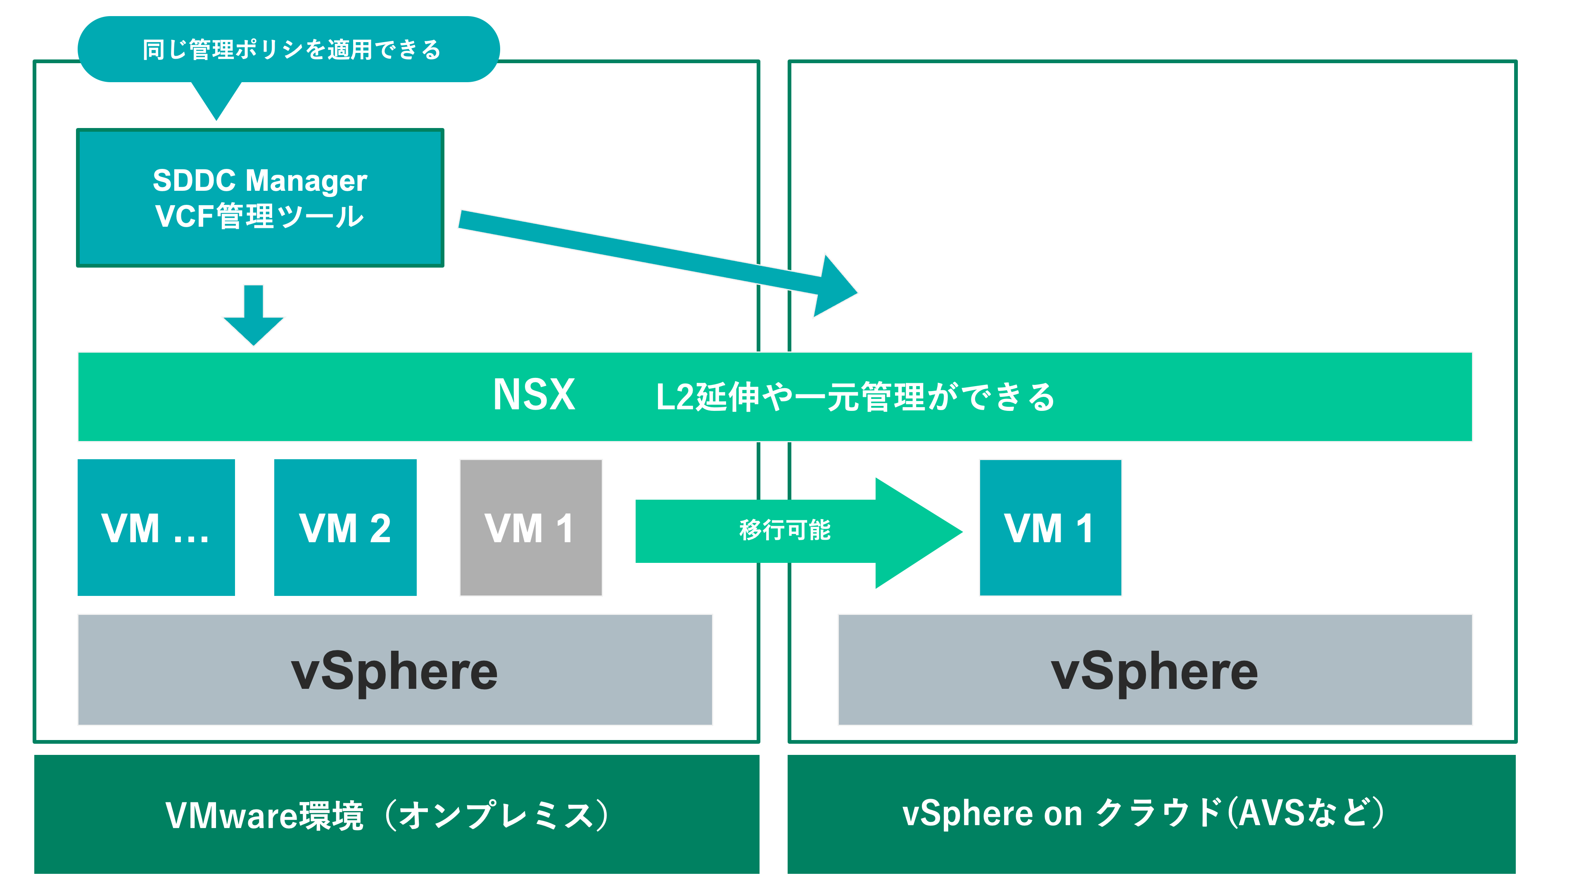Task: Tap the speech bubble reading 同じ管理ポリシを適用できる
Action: click(x=290, y=49)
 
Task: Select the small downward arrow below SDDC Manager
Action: click(x=253, y=317)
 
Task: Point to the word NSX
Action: click(x=533, y=395)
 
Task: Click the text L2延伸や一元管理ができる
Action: click(x=855, y=397)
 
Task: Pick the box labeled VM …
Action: click(x=156, y=528)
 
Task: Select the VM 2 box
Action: click(x=345, y=528)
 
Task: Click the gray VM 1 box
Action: click(x=530, y=528)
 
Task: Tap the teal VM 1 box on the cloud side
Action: click(x=1050, y=528)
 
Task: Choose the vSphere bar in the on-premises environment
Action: click(x=395, y=670)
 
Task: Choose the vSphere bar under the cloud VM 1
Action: click(x=1154, y=670)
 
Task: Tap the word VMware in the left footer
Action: click(x=231, y=816)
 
